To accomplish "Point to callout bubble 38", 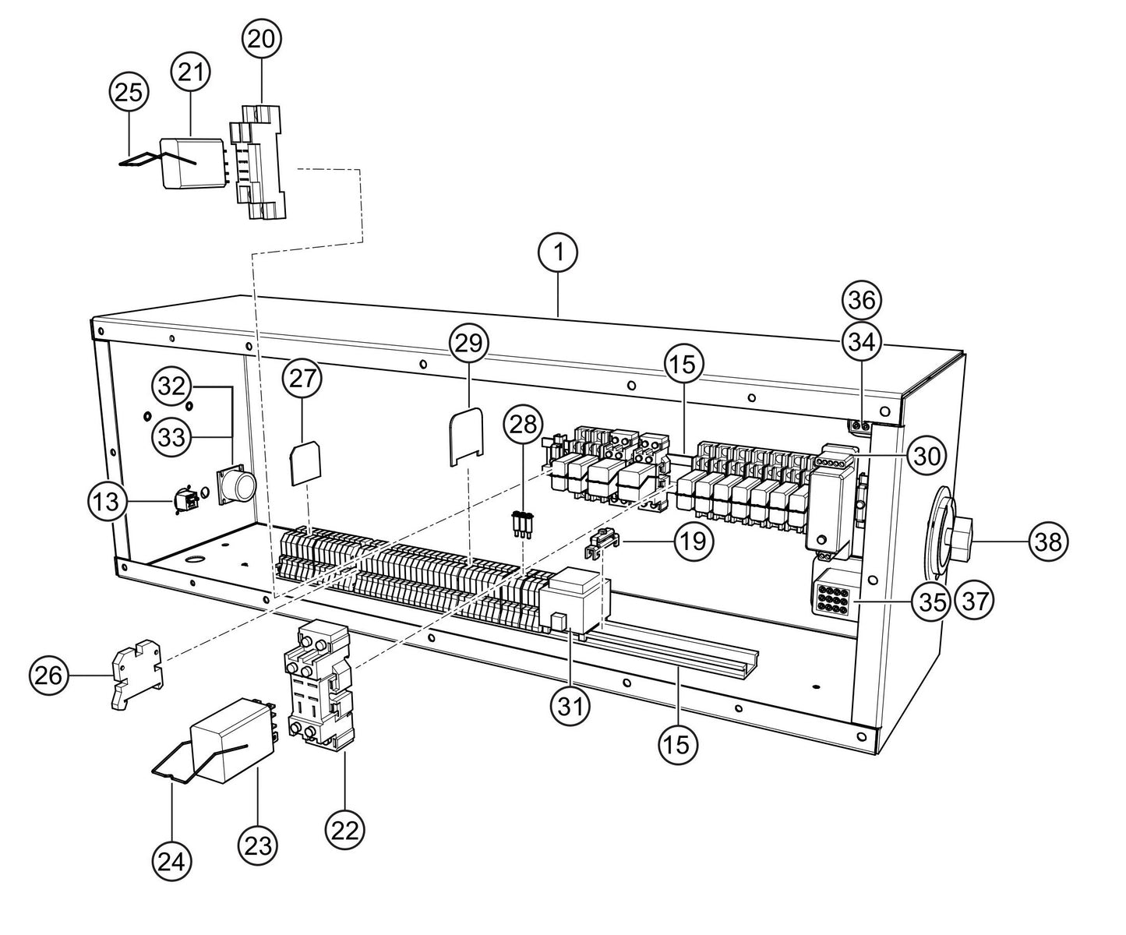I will coord(1048,541).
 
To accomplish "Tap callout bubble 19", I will coord(693,540).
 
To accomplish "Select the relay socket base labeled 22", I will coord(317,683).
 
